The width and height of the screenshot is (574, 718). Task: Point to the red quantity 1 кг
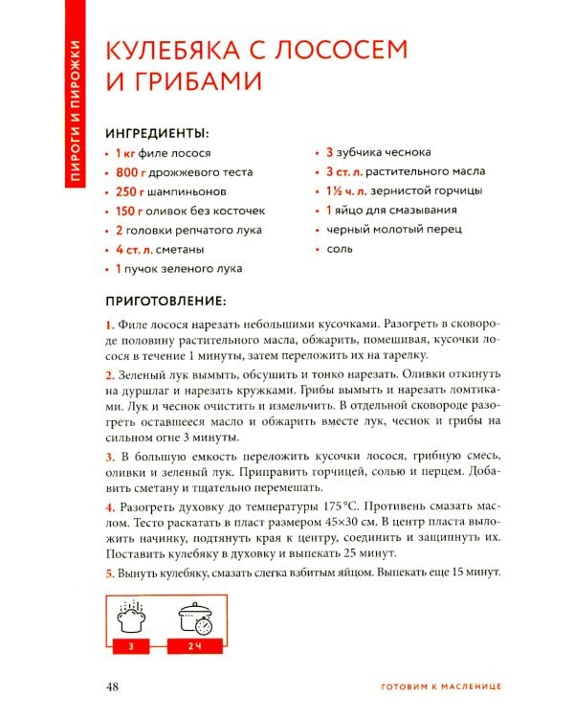click(x=125, y=153)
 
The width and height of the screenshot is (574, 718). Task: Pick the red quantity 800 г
click(x=129, y=172)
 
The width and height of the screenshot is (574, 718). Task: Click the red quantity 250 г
click(x=129, y=191)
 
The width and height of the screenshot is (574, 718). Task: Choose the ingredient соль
click(x=339, y=249)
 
